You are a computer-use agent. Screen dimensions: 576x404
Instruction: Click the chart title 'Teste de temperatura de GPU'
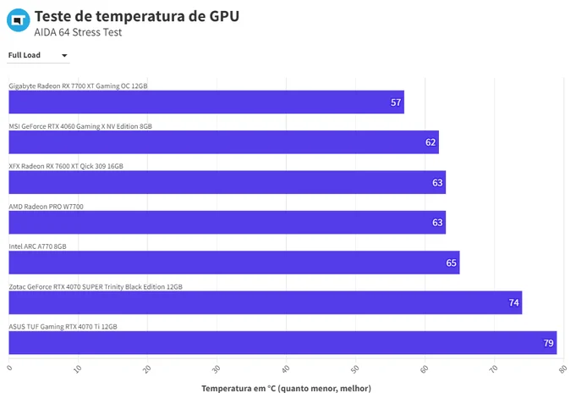(137, 16)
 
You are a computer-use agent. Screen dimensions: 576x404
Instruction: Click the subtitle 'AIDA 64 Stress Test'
(78, 32)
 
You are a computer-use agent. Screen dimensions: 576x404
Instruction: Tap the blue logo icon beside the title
(19, 19)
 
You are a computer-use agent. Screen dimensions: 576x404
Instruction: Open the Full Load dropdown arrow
(64, 56)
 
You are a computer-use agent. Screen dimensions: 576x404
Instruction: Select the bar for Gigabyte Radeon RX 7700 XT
(206, 102)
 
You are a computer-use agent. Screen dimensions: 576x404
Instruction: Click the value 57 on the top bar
(396, 102)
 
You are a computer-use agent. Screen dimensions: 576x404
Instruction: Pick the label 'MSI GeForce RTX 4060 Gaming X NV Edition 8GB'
(80, 126)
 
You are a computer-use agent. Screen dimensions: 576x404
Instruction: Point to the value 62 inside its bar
(431, 142)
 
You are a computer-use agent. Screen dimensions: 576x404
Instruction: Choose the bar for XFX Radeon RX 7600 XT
(228, 182)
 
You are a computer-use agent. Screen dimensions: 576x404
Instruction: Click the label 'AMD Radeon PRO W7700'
(46, 207)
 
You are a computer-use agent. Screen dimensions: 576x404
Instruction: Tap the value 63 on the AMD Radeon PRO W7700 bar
(437, 223)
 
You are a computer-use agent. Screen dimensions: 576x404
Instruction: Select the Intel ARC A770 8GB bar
(234, 263)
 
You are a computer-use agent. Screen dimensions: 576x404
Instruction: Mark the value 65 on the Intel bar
(451, 263)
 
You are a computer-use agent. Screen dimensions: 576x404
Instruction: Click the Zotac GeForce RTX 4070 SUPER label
(96, 286)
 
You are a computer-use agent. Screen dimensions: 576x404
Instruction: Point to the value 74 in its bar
(513, 302)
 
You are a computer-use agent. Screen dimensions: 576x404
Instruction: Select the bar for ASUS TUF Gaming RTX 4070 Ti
(283, 342)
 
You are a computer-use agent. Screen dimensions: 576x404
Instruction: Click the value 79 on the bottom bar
(548, 343)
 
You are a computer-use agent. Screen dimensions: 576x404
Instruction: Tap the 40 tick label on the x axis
(285, 369)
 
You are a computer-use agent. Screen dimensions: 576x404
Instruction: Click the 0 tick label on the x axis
(9, 368)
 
